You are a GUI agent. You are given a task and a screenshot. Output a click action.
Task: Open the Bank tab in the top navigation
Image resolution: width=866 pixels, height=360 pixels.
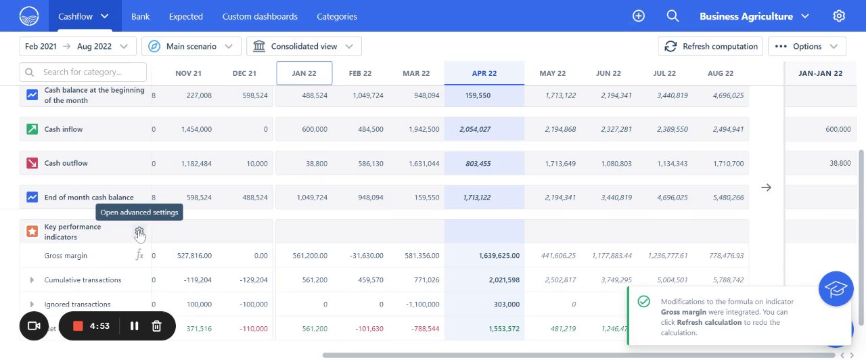tap(141, 16)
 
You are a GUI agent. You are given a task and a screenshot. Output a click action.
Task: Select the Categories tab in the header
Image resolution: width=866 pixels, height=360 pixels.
tap(337, 16)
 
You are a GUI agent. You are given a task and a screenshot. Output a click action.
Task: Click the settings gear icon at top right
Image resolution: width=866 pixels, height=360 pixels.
tap(839, 16)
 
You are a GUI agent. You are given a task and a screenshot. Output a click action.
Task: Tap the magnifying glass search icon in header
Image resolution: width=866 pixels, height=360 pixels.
tap(673, 16)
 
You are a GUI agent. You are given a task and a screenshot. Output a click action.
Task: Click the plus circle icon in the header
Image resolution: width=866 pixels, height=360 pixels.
tap(639, 16)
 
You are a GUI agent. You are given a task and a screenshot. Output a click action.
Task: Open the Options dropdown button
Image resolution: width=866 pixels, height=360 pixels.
tap(807, 46)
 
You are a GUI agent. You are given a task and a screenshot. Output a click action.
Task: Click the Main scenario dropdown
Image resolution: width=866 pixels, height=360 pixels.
tap(191, 46)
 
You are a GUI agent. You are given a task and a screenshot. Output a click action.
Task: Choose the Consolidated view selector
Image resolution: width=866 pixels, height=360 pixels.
tap(304, 46)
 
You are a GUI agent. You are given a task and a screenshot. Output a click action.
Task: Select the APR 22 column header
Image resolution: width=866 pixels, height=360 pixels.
tap(484, 73)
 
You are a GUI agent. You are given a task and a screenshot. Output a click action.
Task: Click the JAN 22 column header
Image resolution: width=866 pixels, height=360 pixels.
tap(304, 73)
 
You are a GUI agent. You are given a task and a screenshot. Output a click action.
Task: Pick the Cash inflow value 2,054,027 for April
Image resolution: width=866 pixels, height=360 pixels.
tap(475, 129)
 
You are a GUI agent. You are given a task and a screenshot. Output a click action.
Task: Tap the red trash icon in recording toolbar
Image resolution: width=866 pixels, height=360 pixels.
tap(156, 326)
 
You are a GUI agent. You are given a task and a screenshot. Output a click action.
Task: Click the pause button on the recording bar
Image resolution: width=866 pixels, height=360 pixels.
tap(134, 326)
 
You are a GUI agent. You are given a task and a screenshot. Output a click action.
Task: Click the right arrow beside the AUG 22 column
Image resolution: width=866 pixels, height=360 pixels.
tap(766, 187)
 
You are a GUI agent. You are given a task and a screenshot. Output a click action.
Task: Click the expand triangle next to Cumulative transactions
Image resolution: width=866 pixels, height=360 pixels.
tap(32, 280)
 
